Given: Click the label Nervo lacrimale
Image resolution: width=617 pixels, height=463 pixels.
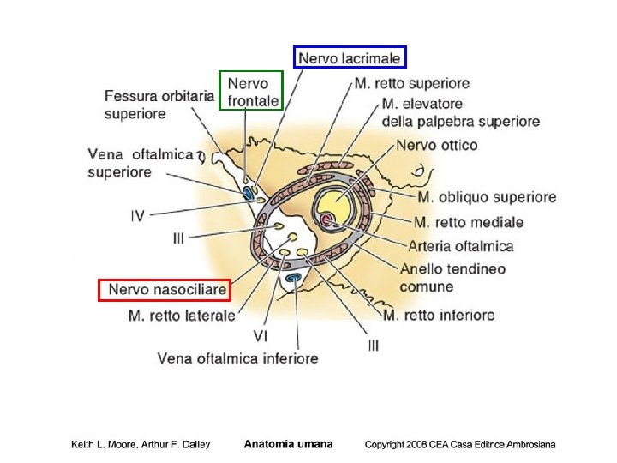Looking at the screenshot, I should click(x=350, y=57).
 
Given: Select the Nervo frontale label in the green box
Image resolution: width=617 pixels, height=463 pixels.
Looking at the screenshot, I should click(x=249, y=92).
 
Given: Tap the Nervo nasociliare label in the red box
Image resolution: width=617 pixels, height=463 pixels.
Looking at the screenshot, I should click(x=166, y=290).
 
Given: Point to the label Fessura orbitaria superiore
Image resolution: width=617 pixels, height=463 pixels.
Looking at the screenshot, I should click(x=159, y=104).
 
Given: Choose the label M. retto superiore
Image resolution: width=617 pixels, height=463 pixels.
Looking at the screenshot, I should click(x=411, y=83).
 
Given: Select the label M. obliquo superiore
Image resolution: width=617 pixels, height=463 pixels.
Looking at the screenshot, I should click(x=486, y=197).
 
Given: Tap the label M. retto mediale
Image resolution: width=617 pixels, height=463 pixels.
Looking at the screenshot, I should click(x=468, y=222).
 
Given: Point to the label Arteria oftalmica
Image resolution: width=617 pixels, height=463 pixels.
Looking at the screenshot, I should click(x=460, y=246).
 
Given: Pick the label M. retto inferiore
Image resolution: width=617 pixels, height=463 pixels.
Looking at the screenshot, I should click(x=438, y=315).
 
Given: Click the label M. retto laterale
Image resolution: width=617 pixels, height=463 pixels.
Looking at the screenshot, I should click(x=181, y=315).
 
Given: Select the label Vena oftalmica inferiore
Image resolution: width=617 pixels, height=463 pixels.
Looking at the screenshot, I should click(x=237, y=358).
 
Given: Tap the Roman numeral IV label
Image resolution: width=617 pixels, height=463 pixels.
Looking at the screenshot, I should click(x=137, y=217).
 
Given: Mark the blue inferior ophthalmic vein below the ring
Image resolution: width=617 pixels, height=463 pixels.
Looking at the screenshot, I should click(x=294, y=279).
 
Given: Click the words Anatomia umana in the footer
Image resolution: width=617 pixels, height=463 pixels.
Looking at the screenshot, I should click(x=288, y=444).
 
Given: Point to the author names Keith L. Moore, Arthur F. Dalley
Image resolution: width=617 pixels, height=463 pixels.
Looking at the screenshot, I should click(x=140, y=444).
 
